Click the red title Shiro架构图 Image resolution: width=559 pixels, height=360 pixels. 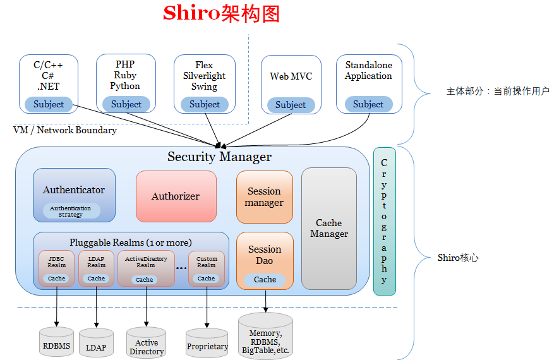221,14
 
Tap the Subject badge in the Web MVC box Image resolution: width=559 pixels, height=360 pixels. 291,105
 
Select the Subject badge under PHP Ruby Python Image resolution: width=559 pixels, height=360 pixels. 126,104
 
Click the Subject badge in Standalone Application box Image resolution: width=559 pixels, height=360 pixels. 368,104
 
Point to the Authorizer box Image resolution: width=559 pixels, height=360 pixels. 176,196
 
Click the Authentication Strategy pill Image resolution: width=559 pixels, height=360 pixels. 71,211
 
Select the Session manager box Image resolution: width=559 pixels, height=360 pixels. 265,196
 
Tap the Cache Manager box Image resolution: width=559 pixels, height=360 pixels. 328,228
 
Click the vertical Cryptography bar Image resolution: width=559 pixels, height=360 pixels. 384,221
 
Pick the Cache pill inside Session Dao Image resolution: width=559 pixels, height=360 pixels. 265,279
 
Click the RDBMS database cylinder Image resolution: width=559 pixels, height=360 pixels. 57,342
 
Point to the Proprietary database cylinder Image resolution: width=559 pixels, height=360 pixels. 207,344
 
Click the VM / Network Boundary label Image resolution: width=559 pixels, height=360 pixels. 65,130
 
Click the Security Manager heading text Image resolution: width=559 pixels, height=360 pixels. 219,157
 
